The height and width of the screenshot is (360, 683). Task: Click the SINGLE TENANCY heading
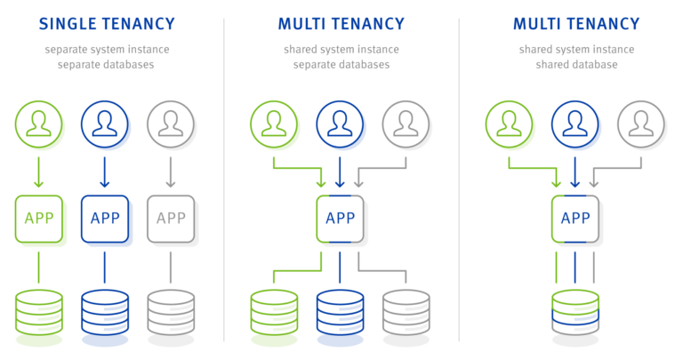[x=107, y=24]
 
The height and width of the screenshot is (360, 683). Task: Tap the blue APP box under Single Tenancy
[x=104, y=218]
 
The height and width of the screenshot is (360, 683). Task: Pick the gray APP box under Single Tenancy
[x=171, y=218]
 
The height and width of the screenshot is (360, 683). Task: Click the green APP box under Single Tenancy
[x=38, y=218]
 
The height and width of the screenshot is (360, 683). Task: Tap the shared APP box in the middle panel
[x=340, y=218]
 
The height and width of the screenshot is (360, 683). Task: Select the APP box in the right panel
[x=575, y=218]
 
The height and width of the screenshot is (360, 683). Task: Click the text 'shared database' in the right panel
[x=575, y=65]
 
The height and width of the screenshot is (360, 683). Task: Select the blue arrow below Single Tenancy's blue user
[x=104, y=172]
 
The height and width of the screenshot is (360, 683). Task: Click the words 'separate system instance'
[x=107, y=50]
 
